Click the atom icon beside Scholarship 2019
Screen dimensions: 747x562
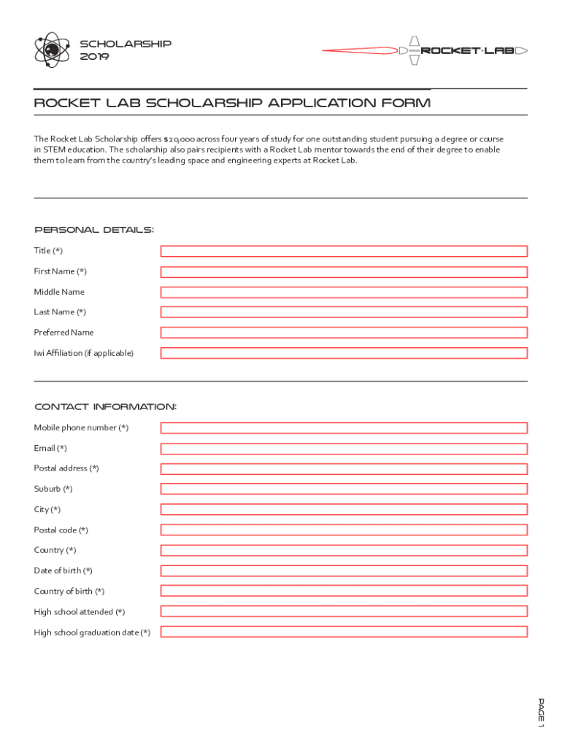50,50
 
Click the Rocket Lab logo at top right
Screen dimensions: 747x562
425,50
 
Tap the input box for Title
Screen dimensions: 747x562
344,251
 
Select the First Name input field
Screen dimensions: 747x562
344,271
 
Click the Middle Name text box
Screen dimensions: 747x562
344,292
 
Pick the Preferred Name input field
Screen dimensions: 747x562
344,333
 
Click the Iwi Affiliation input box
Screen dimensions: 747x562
344,353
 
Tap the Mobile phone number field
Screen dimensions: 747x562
344,428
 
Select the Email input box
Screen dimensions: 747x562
344,449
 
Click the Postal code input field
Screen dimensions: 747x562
344,530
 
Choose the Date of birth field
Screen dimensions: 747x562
344,571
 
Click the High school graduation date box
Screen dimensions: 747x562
344,632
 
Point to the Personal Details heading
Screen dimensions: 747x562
94,230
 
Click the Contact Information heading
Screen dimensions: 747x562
105,406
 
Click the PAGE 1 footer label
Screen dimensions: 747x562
541,713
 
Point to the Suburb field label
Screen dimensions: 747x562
53,489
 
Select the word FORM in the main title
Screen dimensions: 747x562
407,103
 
